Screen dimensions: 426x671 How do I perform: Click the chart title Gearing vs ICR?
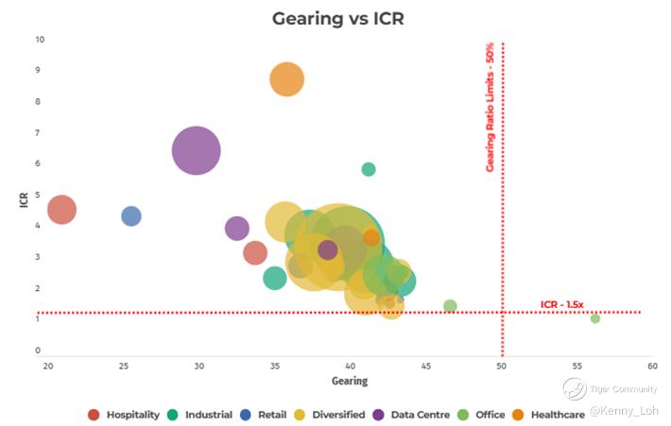pyautogui.click(x=337, y=19)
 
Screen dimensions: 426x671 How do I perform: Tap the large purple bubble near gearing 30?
pyautogui.click(x=197, y=150)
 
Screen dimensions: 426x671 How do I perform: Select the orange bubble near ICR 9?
pyautogui.click(x=287, y=80)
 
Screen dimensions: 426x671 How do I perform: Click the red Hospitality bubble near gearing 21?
pyautogui.click(x=61, y=210)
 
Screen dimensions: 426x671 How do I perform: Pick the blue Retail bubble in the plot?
pyautogui.click(x=131, y=216)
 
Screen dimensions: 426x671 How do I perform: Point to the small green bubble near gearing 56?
pyautogui.click(x=595, y=318)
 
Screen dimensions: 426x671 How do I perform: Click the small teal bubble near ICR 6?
pyautogui.click(x=369, y=169)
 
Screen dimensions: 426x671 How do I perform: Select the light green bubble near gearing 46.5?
pyautogui.click(x=450, y=306)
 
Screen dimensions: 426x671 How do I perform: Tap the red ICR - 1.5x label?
pyautogui.click(x=562, y=304)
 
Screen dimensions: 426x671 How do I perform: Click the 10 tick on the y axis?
pyautogui.click(x=40, y=40)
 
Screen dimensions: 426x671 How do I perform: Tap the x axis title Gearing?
pyautogui.click(x=350, y=382)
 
